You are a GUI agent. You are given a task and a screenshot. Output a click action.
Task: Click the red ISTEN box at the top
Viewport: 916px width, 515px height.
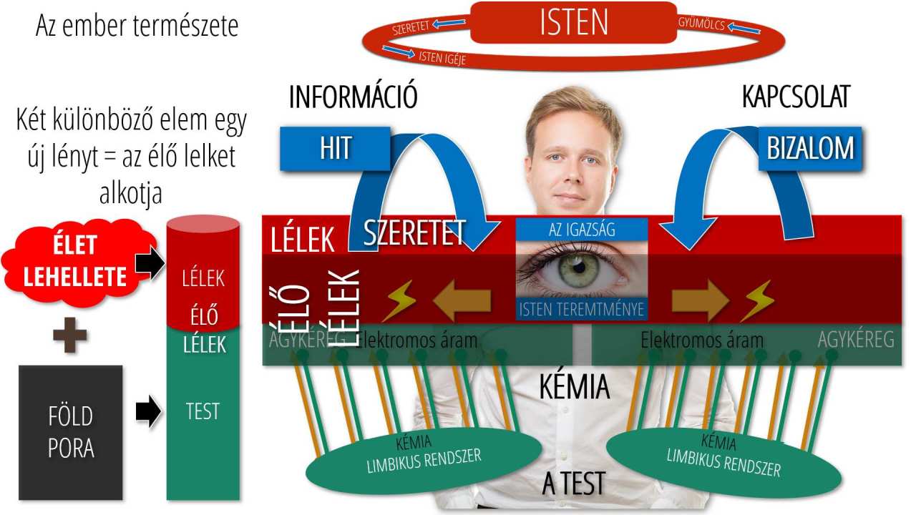[x=573, y=23]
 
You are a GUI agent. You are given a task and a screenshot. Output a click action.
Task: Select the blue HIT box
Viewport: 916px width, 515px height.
[x=335, y=149]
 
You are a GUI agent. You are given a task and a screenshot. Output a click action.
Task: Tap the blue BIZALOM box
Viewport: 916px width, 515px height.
[x=810, y=149]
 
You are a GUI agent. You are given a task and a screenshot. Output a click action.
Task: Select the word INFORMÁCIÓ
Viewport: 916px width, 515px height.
[x=353, y=98]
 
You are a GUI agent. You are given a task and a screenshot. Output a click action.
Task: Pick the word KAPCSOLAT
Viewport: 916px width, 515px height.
[x=795, y=98]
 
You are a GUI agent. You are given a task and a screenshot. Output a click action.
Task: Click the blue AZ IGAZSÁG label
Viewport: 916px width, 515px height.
[x=582, y=230]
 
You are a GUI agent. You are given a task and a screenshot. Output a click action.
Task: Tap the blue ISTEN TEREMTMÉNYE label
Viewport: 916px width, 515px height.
[x=582, y=310]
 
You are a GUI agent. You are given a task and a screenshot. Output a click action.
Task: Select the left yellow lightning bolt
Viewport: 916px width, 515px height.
[x=399, y=300]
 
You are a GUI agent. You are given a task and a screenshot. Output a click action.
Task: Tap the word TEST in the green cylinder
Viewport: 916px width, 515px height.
[x=203, y=412]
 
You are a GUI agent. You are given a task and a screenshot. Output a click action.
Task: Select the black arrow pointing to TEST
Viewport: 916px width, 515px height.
[x=147, y=412]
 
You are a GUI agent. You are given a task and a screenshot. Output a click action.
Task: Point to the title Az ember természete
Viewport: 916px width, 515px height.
[x=137, y=26]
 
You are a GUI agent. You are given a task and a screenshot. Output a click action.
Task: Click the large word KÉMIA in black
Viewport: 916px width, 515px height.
[x=574, y=388]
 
